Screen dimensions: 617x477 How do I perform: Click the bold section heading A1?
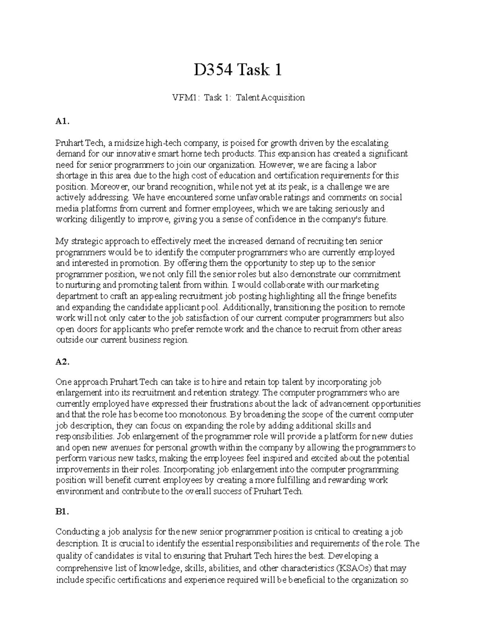tap(62, 122)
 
